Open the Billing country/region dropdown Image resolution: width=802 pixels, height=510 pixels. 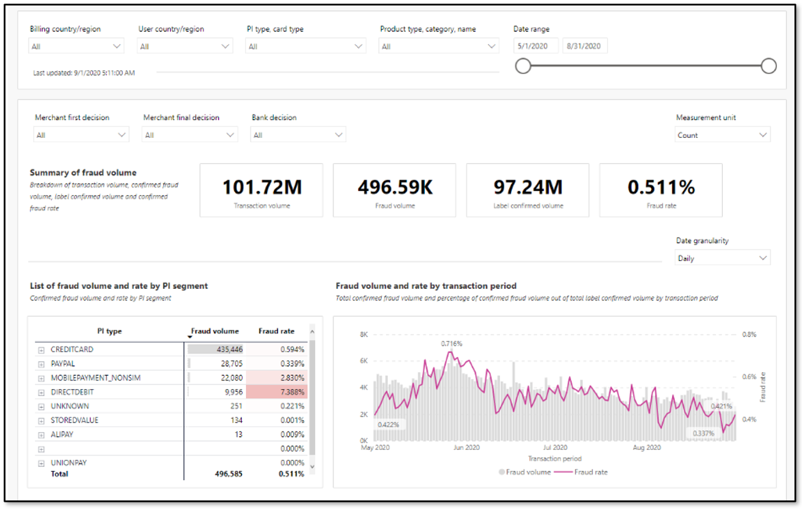click(77, 46)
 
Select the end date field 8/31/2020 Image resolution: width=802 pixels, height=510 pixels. click(585, 46)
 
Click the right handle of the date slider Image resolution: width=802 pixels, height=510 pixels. click(769, 66)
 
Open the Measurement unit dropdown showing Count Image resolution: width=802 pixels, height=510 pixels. click(723, 135)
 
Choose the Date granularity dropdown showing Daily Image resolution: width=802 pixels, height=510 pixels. click(723, 258)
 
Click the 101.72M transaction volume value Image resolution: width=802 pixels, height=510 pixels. click(262, 187)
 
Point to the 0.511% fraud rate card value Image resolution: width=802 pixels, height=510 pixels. click(661, 187)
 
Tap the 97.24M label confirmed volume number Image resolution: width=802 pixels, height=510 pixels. click(527, 187)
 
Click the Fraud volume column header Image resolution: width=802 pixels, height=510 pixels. click(215, 331)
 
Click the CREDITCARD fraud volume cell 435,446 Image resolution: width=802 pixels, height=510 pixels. click(215, 350)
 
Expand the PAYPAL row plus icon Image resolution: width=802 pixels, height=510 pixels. click(41, 364)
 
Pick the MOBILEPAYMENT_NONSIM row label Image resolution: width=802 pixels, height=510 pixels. click(95, 378)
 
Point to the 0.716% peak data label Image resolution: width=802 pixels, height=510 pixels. click(452, 343)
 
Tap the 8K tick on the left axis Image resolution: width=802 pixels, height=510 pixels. click(364, 334)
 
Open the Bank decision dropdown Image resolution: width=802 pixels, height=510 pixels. click(298, 135)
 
